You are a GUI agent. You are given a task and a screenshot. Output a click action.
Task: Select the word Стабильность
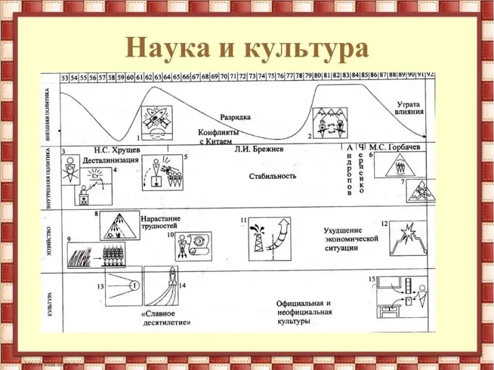(272, 176)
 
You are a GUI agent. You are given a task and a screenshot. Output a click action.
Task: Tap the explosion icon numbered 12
(408, 238)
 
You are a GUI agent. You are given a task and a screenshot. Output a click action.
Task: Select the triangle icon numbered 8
(119, 226)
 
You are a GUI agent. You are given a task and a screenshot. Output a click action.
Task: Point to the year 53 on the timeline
(65, 77)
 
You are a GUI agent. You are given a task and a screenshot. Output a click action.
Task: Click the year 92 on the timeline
(430, 75)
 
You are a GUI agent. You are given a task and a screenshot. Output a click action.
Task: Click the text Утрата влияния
(409, 109)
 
